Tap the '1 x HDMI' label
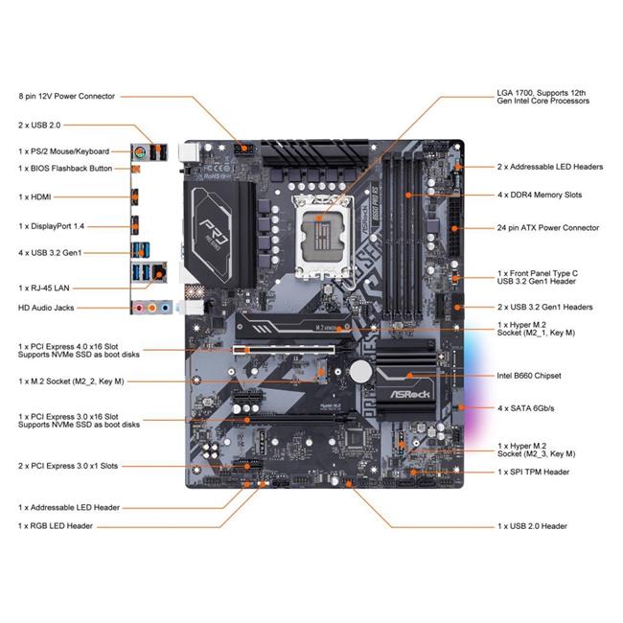pyautogui.click(x=35, y=196)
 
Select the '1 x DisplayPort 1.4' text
pyautogui.click(x=52, y=226)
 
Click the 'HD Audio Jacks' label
pyautogui.click(x=45, y=308)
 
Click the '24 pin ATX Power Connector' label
pyautogui.click(x=548, y=228)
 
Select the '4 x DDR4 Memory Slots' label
pyautogui.click(x=540, y=196)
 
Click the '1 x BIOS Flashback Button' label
pyautogui.click(x=65, y=169)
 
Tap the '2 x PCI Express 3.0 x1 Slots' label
pyautogui.click(x=67, y=466)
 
